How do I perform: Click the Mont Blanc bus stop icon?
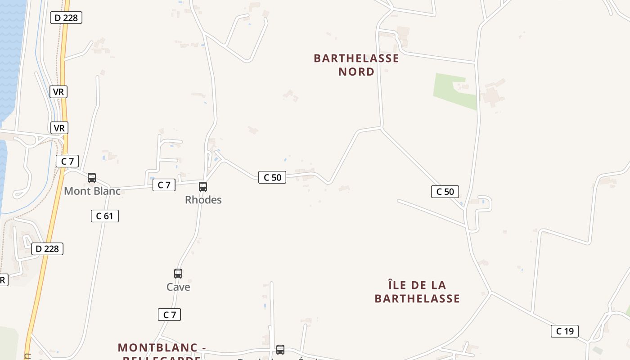[x=92, y=178]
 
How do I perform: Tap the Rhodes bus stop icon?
[x=203, y=186]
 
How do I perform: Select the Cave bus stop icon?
[x=178, y=273]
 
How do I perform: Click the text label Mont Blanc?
[x=92, y=191]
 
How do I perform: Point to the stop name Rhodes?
[x=203, y=199]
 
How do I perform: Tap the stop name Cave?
[x=178, y=287]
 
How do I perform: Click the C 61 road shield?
[x=104, y=216]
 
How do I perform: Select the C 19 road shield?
[x=565, y=331]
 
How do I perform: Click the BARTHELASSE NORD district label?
[x=356, y=65]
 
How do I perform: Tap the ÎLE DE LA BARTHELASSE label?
[x=417, y=292]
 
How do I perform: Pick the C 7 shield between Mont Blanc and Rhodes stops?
[x=164, y=184]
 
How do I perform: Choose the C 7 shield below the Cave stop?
[x=169, y=315]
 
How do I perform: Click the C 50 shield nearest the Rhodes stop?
[x=272, y=177]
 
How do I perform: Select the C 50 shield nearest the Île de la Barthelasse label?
[x=445, y=192]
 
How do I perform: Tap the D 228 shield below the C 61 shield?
[x=47, y=249]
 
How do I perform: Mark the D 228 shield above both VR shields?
[x=66, y=18]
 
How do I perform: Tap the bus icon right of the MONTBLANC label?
[x=280, y=349]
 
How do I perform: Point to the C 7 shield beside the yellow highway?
[x=67, y=161]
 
